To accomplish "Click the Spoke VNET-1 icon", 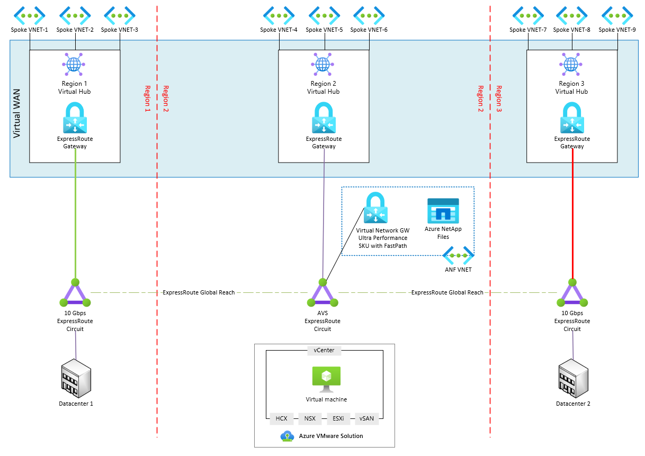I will point(30,15).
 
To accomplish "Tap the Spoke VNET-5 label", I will point(324,30).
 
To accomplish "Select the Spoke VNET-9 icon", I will point(617,15).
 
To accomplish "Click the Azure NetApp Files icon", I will point(443,211).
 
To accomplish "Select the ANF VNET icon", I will point(459,256).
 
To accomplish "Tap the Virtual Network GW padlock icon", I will point(375,208).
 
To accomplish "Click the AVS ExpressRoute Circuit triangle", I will point(322,293).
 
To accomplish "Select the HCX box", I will point(281,418).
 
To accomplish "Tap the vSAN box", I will point(366,418).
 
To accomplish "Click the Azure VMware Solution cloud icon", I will point(287,436).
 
